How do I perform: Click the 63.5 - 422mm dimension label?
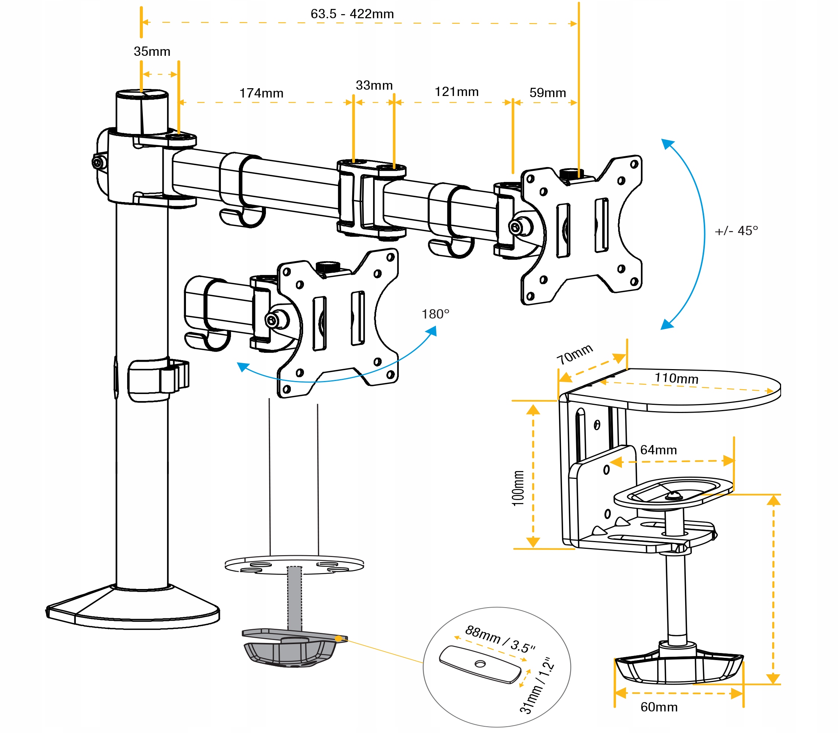352,14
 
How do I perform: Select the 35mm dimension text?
152,52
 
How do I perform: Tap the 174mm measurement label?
261,93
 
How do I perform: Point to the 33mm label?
374,86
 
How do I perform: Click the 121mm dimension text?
456,92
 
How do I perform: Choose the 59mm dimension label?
548,93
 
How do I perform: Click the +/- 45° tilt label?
736,231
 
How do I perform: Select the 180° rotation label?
435,314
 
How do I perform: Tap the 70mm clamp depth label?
574,354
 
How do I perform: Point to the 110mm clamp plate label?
676,378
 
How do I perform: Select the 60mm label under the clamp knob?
659,707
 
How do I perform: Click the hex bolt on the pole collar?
98,163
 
